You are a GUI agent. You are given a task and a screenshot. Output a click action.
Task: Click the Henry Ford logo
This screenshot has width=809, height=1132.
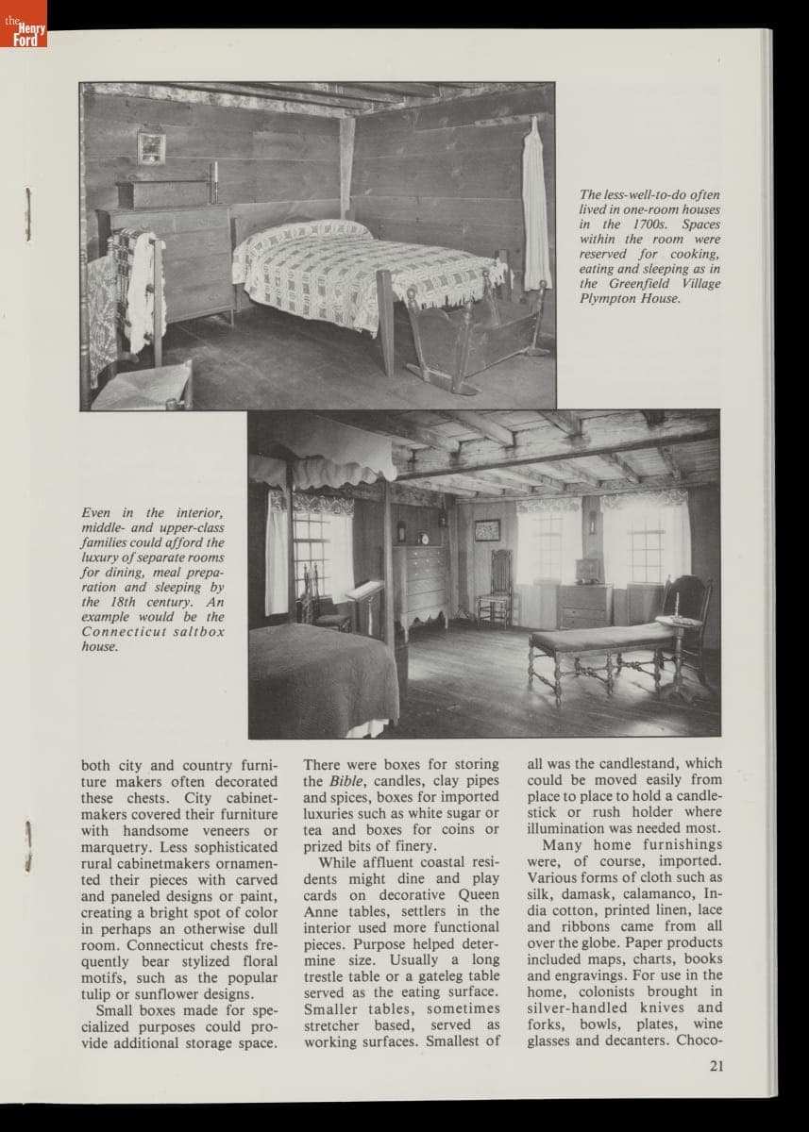(23, 25)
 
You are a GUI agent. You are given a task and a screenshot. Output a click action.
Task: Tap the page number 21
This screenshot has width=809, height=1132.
(716, 1067)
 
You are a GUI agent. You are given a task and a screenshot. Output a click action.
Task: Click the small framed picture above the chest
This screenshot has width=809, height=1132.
(150, 146)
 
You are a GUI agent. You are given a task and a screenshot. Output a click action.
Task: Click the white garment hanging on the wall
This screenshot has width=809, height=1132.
(536, 208)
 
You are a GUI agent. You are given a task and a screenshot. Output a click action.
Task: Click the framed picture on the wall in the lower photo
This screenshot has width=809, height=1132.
(487, 529)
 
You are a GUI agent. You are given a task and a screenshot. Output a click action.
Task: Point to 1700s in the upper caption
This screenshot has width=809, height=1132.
(648, 225)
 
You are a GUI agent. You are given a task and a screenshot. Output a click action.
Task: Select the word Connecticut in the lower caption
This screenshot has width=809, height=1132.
(119, 631)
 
